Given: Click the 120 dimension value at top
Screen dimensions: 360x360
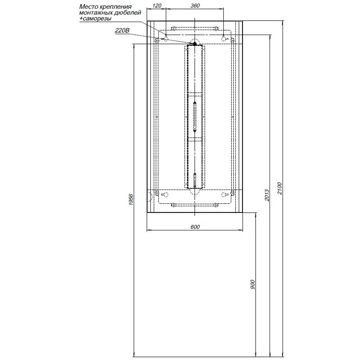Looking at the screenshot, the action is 157,5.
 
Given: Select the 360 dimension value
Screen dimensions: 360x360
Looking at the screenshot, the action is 195,5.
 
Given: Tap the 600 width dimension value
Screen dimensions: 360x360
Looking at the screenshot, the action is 195,227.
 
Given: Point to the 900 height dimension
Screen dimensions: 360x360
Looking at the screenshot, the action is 252,284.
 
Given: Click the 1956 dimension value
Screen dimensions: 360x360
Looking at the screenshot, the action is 131,199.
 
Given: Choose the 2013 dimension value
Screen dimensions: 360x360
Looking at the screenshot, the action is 267,195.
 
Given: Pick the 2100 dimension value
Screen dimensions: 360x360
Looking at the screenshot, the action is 279,188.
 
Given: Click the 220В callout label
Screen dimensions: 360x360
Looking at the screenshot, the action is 122,30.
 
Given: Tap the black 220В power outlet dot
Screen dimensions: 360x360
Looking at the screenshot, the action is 195,43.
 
